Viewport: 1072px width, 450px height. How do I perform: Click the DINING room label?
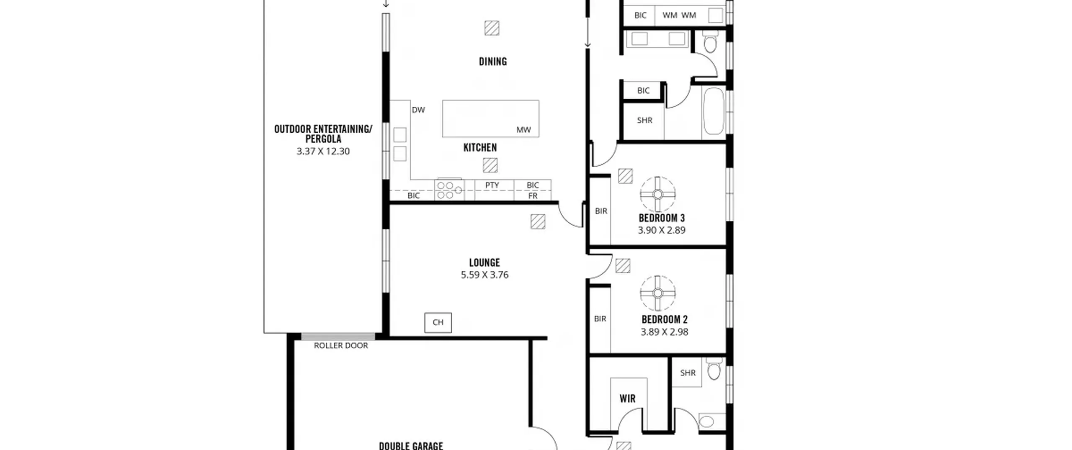coord(493,62)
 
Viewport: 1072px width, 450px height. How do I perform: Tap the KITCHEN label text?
coord(480,147)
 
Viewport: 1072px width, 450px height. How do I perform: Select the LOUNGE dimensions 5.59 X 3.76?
coord(484,275)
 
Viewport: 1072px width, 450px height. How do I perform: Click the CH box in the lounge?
coord(438,322)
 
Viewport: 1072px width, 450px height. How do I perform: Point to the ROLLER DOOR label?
coord(341,345)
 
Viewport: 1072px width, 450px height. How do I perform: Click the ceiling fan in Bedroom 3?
coord(657,194)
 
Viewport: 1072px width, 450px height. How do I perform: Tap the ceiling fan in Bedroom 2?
coord(657,293)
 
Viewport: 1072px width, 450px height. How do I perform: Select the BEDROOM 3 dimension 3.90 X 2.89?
coord(662,230)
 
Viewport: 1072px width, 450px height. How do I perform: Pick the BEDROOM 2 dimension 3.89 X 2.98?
coord(665,332)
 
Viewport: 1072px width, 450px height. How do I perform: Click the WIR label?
coord(627,399)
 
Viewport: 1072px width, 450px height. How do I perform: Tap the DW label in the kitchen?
coord(418,110)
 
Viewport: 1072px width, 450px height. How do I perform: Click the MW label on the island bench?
coord(523,130)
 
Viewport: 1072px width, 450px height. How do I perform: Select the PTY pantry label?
coord(492,185)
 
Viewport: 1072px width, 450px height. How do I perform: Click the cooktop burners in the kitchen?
coord(449,190)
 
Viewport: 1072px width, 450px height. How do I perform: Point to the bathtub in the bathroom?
coord(714,111)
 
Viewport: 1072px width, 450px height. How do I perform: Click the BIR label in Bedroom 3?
coord(601,211)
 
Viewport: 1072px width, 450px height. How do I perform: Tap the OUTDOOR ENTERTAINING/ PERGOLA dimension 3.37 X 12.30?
coord(323,152)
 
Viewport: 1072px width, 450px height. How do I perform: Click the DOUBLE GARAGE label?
coord(411,446)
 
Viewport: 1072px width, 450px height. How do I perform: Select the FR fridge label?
coord(533,195)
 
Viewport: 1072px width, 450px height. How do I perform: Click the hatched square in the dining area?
coord(492,28)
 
